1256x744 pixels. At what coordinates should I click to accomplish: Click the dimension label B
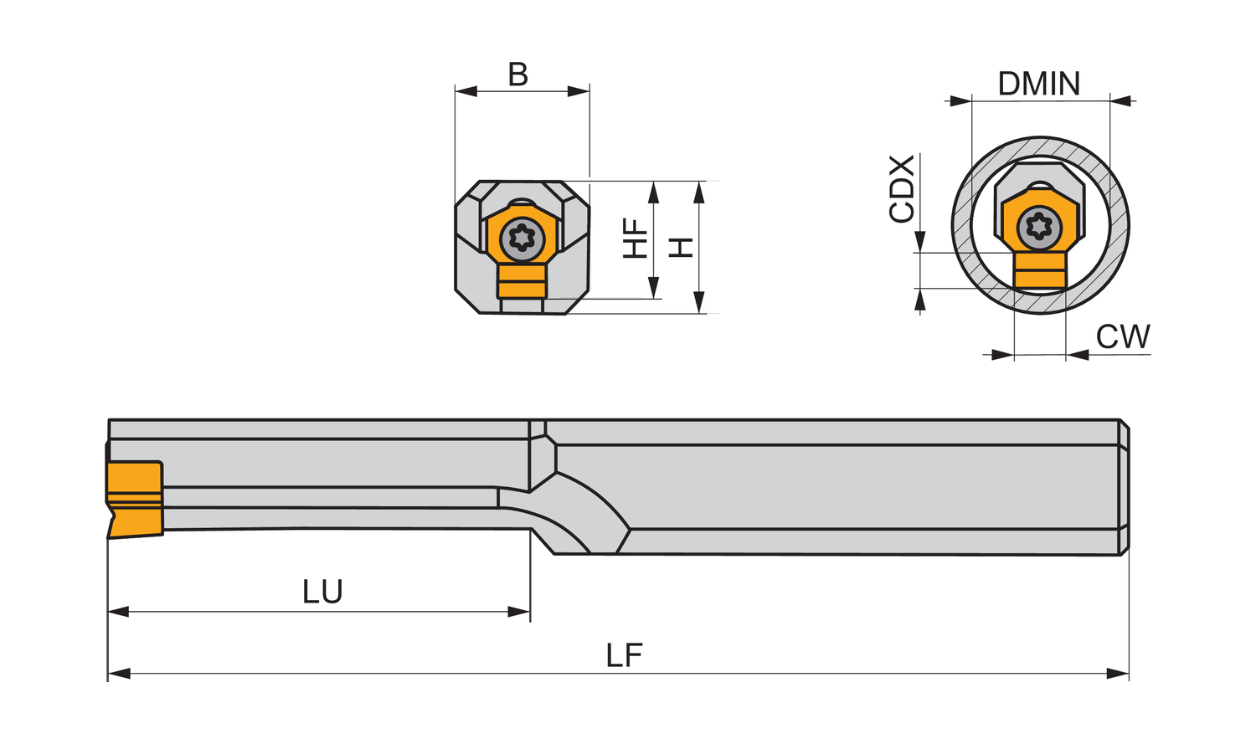(518, 74)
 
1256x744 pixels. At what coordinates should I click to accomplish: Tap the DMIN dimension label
(1039, 84)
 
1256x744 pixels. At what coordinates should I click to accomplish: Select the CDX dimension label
(902, 189)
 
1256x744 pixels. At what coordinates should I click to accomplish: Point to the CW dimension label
(1123, 336)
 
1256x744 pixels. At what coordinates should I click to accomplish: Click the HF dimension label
(636, 238)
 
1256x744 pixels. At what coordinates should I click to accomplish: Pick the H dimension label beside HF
(682, 247)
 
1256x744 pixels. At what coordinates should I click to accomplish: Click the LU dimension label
(322, 592)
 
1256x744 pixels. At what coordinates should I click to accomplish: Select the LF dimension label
(624, 655)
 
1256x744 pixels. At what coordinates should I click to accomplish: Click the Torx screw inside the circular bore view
(1039, 226)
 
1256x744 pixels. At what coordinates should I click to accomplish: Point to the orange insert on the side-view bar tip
(134, 498)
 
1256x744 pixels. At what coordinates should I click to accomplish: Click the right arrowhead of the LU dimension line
(520, 612)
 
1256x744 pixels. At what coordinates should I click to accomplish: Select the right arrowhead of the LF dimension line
(1119, 674)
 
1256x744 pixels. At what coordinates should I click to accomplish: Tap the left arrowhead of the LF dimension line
(118, 674)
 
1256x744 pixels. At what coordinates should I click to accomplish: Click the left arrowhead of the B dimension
(466, 91)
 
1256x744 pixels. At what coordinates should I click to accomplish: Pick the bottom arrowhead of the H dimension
(700, 303)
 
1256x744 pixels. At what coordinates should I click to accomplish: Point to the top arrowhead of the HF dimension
(654, 192)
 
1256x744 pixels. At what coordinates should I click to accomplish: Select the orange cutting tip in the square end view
(522, 282)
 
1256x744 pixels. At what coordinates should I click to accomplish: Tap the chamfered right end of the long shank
(1125, 487)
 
